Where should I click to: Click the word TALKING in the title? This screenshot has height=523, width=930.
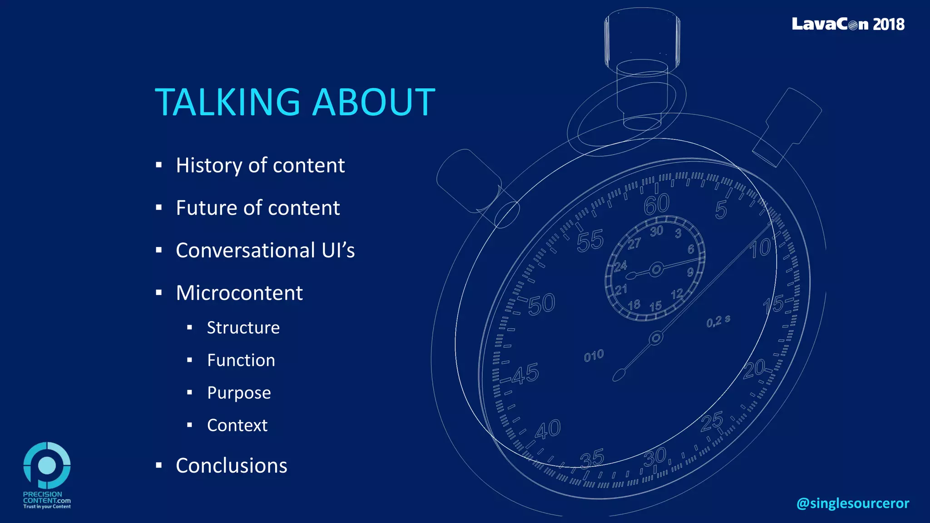pyautogui.click(x=227, y=102)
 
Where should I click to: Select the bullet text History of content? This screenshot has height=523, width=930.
pyautogui.click(x=260, y=165)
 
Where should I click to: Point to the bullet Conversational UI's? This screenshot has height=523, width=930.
pyautogui.click(x=265, y=250)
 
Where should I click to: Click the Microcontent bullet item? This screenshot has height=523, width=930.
pyautogui.click(x=239, y=293)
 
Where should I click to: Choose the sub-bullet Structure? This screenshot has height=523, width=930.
pyautogui.click(x=243, y=328)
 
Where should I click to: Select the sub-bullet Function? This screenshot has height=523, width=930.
pyautogui.click(x=241, y=360)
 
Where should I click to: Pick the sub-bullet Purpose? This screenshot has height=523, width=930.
pyautogui.click(x=239, y=393)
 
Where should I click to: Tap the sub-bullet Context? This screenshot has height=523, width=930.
pyautogui.click(x=237, y=425)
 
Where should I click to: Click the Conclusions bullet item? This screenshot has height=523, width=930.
pyautogui.click(x=231, y=466)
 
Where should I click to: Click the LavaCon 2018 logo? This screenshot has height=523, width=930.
pyautogui.click(x=848, y=24)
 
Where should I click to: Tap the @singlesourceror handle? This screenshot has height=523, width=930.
pyautogui.click(x=852, y=503)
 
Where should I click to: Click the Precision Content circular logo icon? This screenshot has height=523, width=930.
pyautogui.click(x=47, y=465)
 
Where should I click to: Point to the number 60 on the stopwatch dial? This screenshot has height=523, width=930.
pyautogui.click(x=657, y=204)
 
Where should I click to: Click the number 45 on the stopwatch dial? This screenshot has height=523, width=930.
pyautogui.click(x=525, y=374)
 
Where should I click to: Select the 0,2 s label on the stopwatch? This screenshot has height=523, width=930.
pyautogui.click(x=718, y=321)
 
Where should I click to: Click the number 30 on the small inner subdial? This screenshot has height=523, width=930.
pyautogui.click(x=656, y=231)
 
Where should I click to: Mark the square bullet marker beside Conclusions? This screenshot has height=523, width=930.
pyautogui.click(x=158, y=465)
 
